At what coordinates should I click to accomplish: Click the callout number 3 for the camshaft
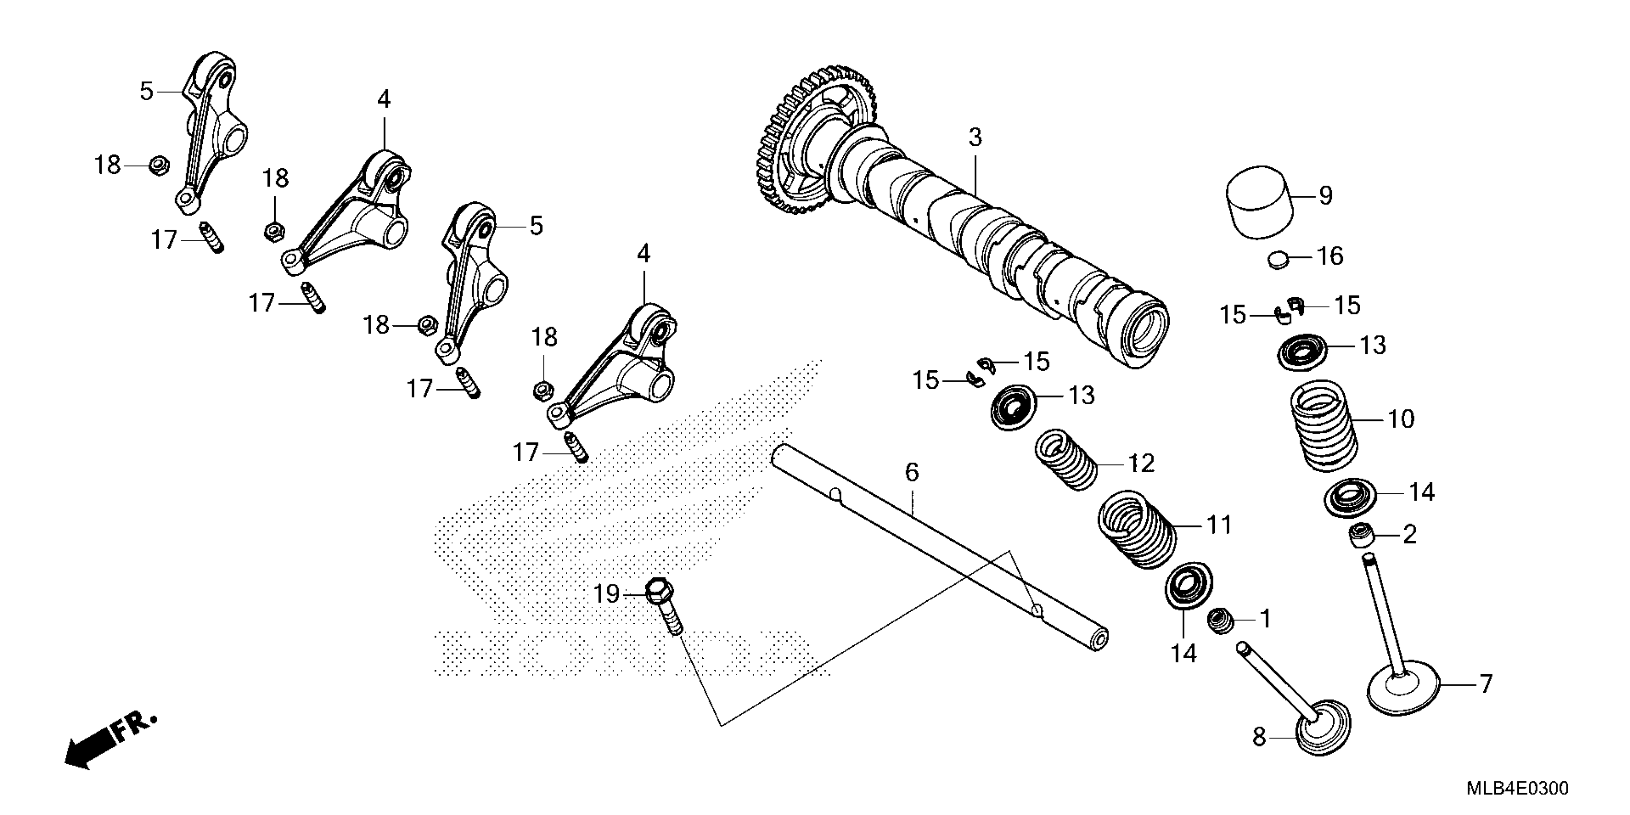(975, 137)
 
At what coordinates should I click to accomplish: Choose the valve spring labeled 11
(1137, 530)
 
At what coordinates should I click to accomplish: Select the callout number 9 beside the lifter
(1325, 196)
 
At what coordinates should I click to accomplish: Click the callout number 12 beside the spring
(1141, 464)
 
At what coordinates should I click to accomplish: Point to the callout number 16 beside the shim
(1329, 256)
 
